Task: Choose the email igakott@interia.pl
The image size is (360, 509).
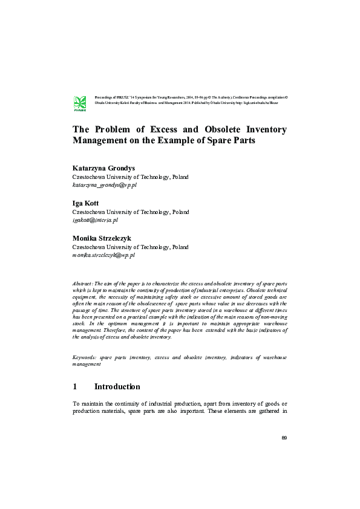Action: [96, 221]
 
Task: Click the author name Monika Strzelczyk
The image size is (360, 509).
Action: [102, 239]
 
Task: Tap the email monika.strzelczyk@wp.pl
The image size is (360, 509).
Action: [103, 256]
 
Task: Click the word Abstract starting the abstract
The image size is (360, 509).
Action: [82, 283]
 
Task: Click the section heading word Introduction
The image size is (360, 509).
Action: [117, 387]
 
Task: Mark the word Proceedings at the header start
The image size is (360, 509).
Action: [105, 97]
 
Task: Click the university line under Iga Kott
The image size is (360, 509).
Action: [131, 212]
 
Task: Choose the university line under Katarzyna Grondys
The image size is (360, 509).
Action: [131, 177]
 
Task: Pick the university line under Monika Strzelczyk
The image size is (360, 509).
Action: [131, 247]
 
